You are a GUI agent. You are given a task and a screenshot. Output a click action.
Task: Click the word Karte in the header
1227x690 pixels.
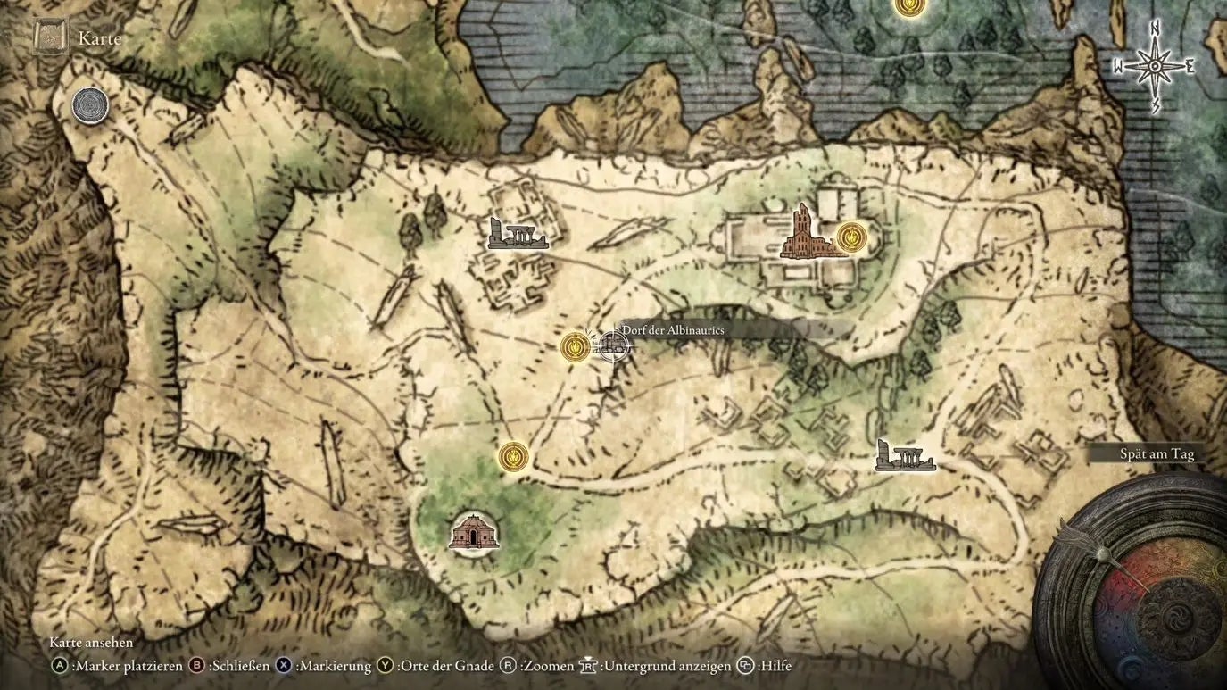(x=99, y=38)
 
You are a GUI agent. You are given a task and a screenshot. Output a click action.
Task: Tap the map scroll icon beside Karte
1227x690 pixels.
(x=50, y=37)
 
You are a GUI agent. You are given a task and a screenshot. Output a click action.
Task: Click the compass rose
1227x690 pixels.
(x=1154, y=67)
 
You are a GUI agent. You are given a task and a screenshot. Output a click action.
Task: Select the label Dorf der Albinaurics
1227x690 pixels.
(x=673, y=330)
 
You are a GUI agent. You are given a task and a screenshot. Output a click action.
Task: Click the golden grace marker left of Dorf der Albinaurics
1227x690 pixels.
(x=575, y=346)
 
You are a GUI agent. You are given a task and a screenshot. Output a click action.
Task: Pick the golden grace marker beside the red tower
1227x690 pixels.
(x=852, y=237)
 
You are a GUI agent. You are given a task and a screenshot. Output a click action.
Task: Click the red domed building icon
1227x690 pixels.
(x=473, y=533)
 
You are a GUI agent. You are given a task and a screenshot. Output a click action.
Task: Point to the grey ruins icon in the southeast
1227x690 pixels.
(x=904, y=456)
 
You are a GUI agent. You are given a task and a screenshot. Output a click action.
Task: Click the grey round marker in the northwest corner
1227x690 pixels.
(x=90, y=105)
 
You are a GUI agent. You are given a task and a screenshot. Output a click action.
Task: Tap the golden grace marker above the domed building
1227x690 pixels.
(x=513, y=457)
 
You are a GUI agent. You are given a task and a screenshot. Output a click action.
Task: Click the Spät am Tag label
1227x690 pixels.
(x=1157, y=454)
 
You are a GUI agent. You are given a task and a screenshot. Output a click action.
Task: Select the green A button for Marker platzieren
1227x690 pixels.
(x=60, y=665)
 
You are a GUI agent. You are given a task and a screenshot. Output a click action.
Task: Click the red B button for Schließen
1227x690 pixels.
(x=197, y=665)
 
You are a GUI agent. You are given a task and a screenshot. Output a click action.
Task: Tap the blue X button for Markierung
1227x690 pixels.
(x=284, y=665)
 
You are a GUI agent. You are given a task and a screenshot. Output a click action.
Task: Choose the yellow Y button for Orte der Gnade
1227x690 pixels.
(x=385, y=665)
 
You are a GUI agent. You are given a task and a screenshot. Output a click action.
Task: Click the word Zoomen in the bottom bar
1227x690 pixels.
(x=545, y=666)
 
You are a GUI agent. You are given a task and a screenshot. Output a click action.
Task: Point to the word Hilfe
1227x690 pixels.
(x=776, y=666)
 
